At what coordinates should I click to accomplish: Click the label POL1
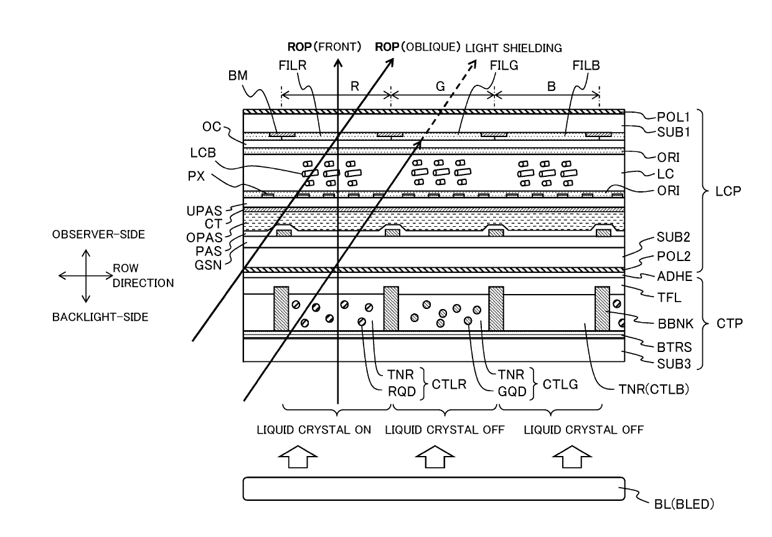673,117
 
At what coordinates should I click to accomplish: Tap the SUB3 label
674,364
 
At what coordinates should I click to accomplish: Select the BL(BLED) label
684,504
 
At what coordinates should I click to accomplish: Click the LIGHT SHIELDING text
514,48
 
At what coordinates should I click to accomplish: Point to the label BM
238,75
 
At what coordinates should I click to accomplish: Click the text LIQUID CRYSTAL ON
314,430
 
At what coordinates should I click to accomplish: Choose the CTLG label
560,384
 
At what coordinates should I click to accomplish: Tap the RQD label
402,391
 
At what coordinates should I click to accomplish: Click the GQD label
512,391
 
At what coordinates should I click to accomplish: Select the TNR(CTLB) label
654,389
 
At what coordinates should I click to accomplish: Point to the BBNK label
675,324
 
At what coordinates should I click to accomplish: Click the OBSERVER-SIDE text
98,234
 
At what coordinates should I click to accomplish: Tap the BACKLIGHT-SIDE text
100,317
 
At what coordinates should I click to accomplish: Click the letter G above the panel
440,86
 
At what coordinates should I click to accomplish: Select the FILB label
586,65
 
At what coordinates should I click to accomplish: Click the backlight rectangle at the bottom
434,488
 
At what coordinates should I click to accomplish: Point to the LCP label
728,191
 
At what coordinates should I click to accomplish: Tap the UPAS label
204,211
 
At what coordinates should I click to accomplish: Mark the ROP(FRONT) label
324,47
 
